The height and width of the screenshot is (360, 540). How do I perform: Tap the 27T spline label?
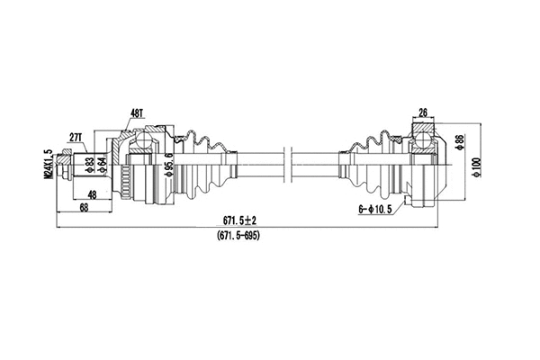[78, 137]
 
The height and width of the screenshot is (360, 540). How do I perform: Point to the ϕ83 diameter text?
[89, 164]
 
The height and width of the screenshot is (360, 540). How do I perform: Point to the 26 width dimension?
[423, 112]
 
